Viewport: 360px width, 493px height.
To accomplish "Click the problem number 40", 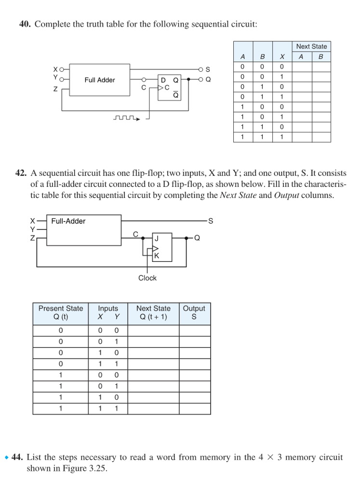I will point(25,25).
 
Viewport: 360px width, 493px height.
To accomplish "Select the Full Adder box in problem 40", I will point(100,80).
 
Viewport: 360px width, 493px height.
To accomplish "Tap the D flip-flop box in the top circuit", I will point(169,87).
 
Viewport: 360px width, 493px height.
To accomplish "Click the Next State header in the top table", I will point(311,47).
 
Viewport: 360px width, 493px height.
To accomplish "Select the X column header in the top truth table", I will point(282,57).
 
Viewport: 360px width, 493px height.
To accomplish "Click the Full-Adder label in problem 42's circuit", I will point(68,221).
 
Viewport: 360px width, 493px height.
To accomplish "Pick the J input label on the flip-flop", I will point(156,238).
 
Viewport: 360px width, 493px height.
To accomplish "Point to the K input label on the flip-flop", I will point(156,257).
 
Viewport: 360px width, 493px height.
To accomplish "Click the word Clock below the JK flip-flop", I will point(147,278).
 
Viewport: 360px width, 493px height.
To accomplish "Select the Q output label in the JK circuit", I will point(197,238).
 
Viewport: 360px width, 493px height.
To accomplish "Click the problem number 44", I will point(18,457).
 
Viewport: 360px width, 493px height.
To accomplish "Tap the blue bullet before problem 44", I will point(6,458).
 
